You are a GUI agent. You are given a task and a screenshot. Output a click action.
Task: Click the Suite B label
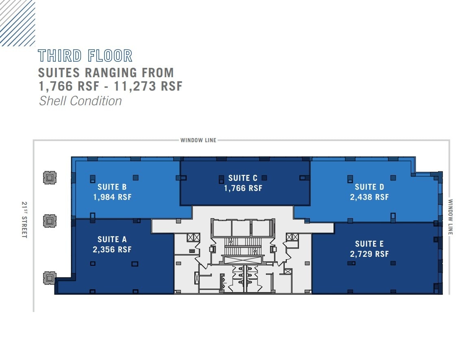112,187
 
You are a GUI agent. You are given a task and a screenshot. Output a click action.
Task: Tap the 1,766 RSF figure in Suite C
243,189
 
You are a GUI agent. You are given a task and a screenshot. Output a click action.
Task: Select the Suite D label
369,187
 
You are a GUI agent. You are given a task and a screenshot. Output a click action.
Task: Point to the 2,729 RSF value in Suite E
369,254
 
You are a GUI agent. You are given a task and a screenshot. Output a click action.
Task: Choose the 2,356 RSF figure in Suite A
112,249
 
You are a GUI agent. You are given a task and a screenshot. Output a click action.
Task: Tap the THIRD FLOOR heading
85,56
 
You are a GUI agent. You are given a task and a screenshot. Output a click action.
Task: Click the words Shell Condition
80,101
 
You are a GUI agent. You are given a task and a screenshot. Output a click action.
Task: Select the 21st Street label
24,220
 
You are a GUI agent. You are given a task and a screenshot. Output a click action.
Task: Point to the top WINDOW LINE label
198,141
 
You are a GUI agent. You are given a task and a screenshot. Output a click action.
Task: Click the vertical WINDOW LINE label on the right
451,217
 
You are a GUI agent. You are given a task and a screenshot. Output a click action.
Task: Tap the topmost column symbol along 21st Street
50,178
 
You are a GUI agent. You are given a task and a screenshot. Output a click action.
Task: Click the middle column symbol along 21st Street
50,221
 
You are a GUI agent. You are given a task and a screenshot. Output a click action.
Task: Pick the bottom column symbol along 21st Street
50,278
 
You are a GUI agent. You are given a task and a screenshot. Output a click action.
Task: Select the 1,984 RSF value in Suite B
112,197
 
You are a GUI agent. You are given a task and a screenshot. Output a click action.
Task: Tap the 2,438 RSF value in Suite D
369,197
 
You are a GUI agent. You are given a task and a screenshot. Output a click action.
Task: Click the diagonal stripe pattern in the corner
17,22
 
